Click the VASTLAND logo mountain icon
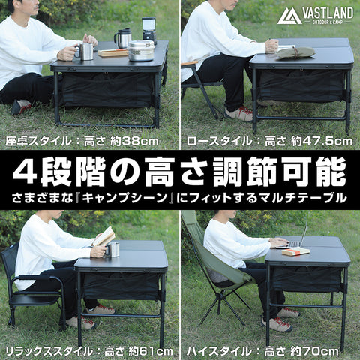(289, 16)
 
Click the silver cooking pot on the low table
(140, 50)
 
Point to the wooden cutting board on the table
(112, 53)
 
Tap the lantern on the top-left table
(148, 28)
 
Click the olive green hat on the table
(296, 52)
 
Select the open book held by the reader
(104, 237)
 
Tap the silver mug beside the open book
(113, 249)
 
